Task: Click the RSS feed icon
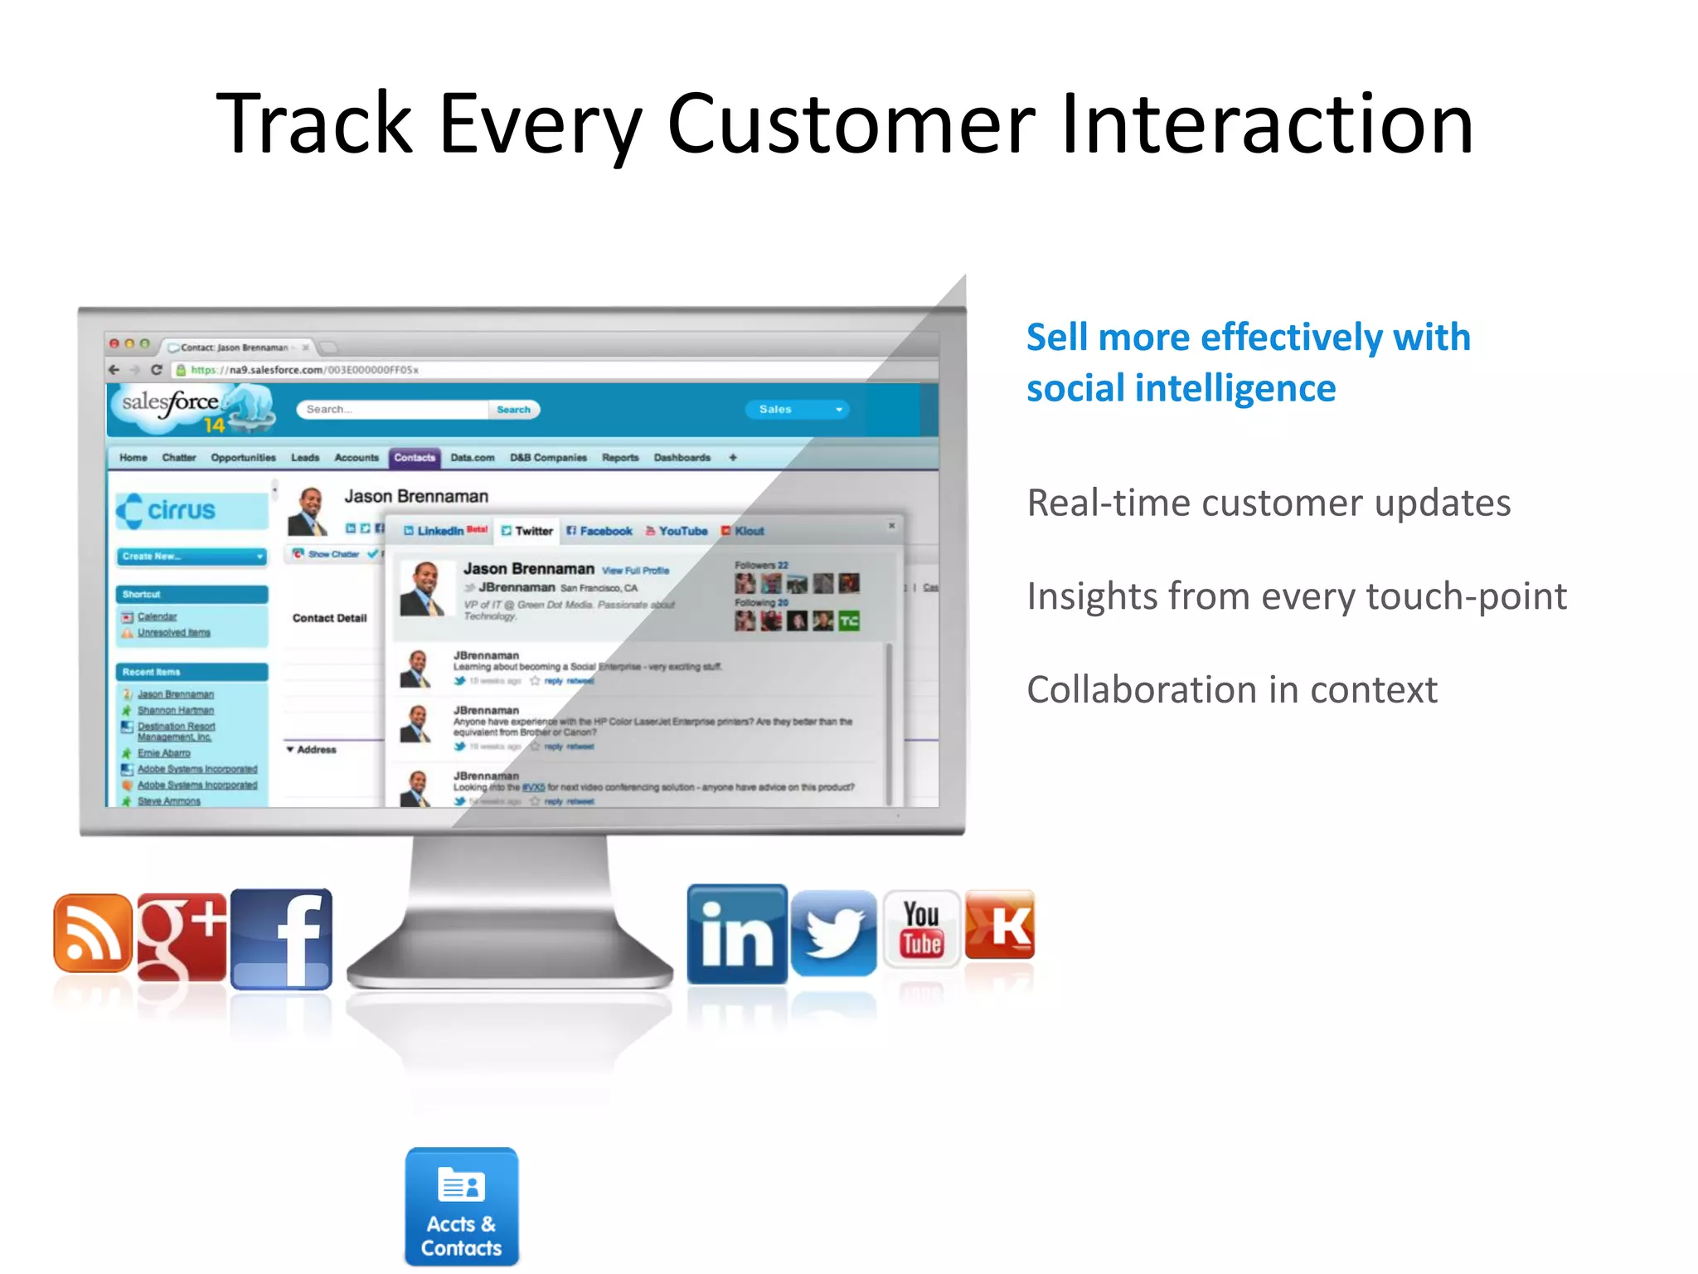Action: point(93,933)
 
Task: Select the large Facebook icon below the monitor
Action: point(282,939)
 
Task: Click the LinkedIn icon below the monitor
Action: point(737,935)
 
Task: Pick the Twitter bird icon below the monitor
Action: point(834,933)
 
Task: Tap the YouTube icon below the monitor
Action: point(921,929)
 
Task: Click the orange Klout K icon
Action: point(1000,925)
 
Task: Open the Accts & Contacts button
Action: point(462,1207)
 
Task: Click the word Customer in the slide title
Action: point(851,124)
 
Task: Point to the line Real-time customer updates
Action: point(1268,503)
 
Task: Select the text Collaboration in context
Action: point(1231,690)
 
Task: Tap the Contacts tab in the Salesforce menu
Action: point(415,458)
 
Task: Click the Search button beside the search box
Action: point(514,410)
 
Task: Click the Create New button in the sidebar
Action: point(191,557)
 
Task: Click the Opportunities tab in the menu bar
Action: point(243,458)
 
